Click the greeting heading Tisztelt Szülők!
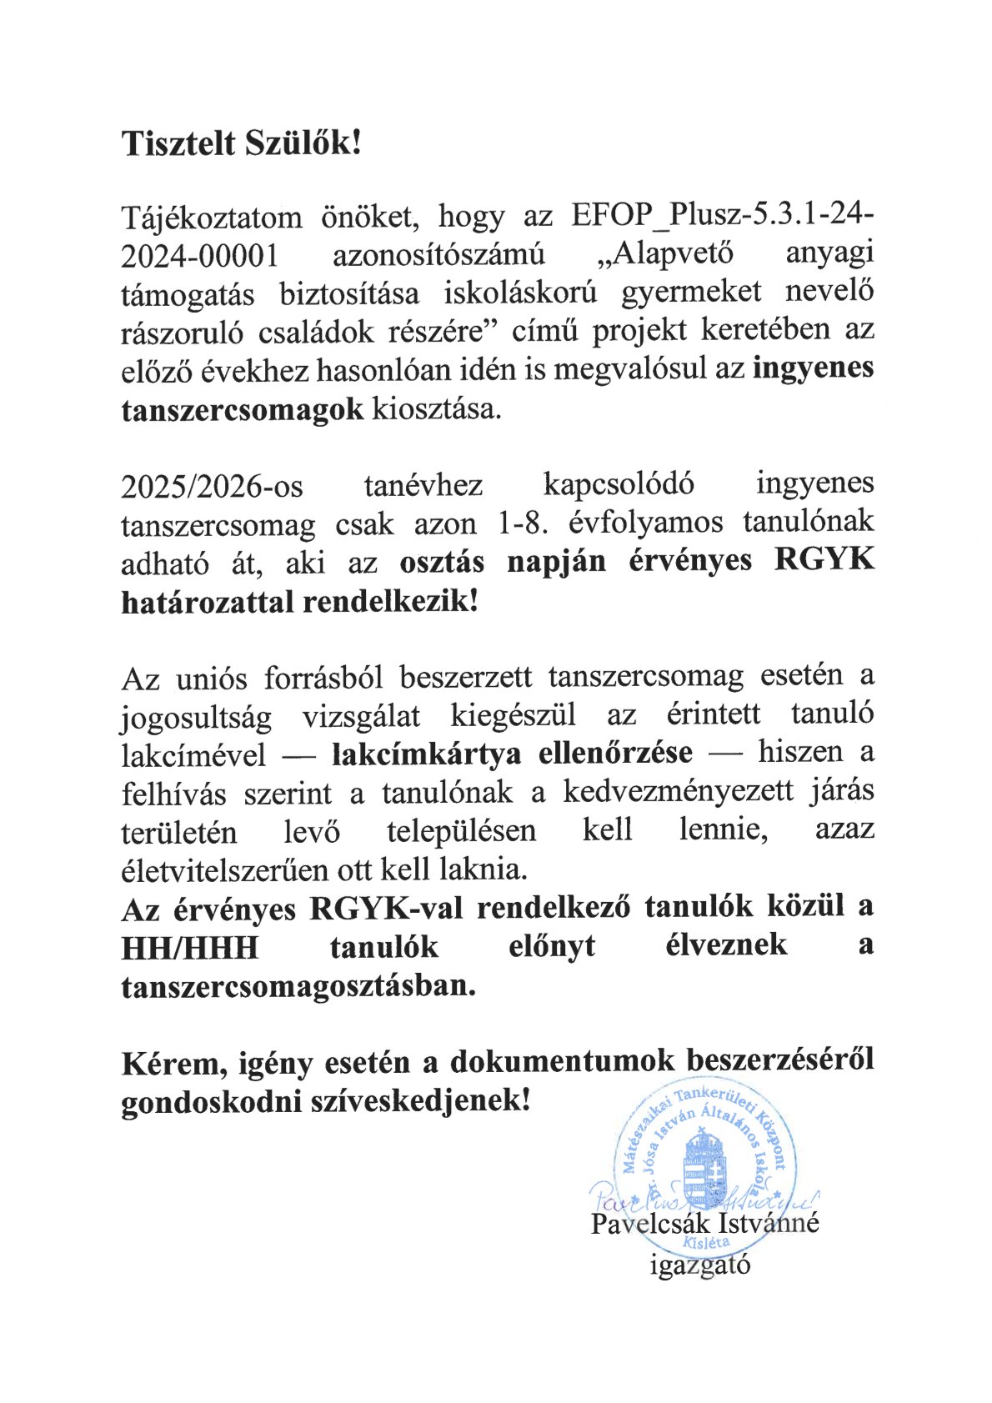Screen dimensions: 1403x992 pos(242,143)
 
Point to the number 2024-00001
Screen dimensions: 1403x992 pos(199,256)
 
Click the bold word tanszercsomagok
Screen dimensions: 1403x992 pos(243,409)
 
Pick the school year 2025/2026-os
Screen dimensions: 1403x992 pos(212,486)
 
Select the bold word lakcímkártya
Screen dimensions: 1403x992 pos(426,754)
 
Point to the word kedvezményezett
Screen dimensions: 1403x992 pos(679,791)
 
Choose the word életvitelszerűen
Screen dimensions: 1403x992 pos(225,869)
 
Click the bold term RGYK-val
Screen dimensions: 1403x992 pos(386,907)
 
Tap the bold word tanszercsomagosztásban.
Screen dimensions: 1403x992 pos(298,986)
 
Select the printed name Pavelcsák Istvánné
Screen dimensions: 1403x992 pos(705,1224)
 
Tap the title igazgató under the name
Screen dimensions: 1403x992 pos(700,1265)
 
